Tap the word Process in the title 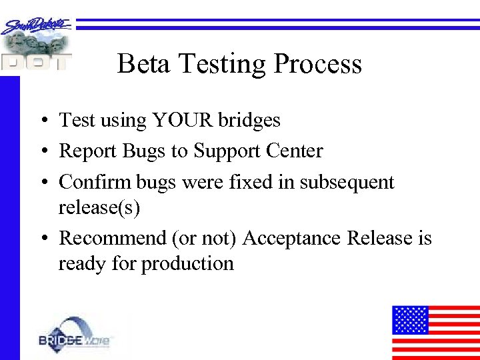coord(318,64)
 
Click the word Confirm coord(96,182)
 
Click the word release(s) coord(99,208)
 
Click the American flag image coord(435,332)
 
